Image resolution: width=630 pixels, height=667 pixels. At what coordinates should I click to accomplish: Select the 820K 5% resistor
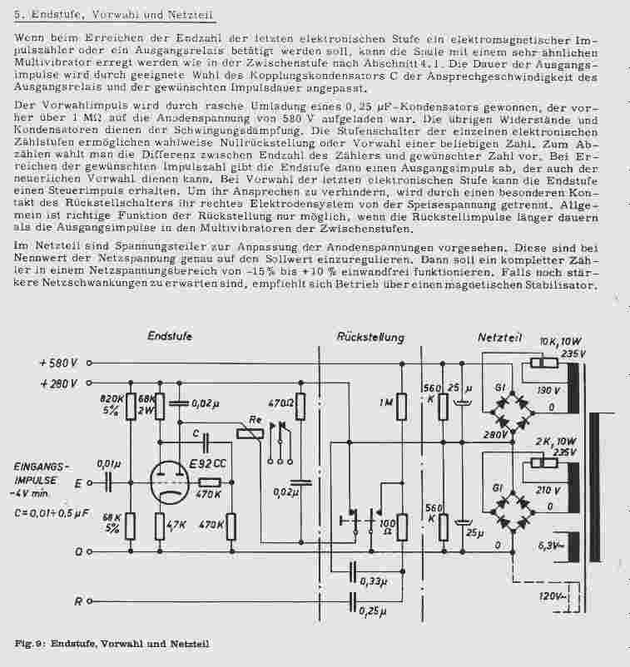click(130, 408)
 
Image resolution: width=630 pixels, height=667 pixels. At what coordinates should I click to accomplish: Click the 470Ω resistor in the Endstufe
click(301, 405)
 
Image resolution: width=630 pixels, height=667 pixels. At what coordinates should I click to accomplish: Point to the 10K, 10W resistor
click(545, 363)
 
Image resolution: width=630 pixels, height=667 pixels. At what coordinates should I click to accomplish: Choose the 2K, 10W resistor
click(545, 462)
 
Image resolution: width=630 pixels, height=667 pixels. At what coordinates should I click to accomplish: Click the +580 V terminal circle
click(88, 363)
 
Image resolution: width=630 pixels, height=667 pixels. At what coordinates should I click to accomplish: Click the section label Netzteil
click(499, 337)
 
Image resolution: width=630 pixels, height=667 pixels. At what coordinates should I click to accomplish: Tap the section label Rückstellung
click(370, 337)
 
